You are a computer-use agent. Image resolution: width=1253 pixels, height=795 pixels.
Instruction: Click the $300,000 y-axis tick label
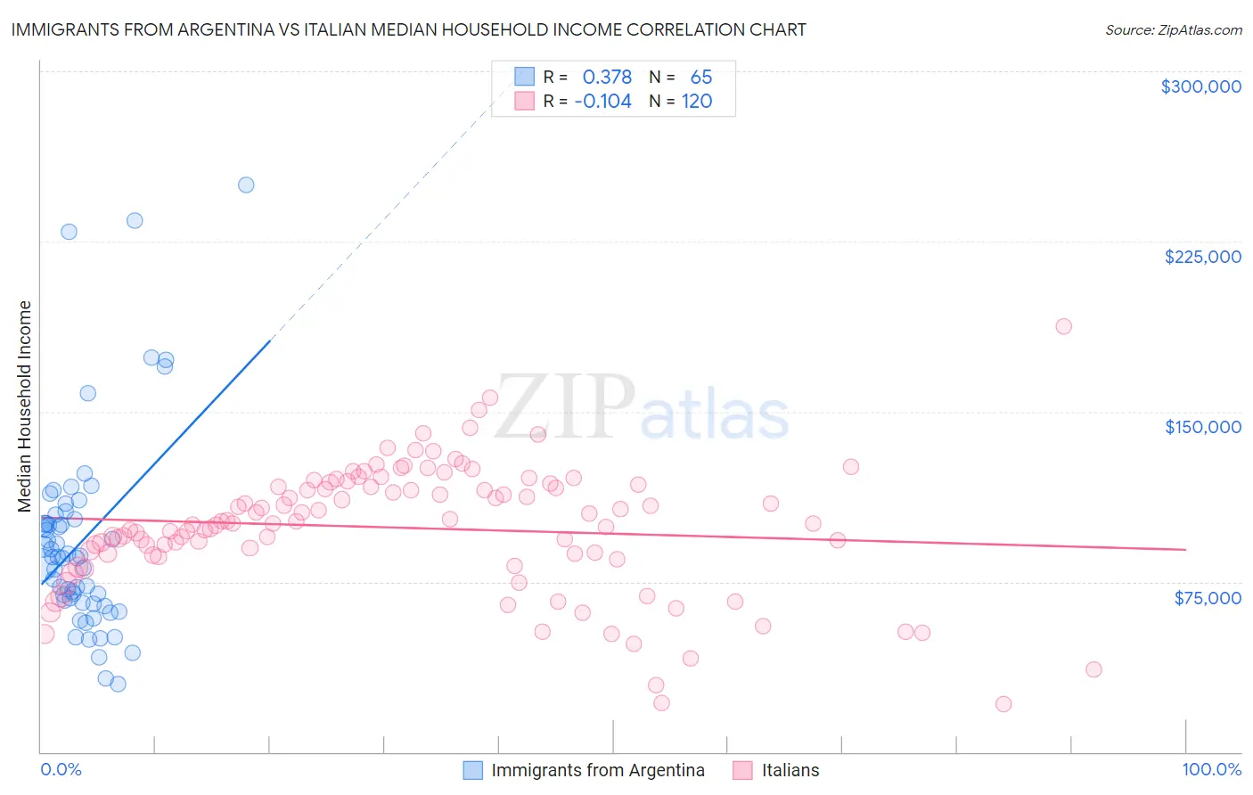click(1200, 86)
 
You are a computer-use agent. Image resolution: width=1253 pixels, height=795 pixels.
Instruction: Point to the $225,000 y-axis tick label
click(1202, 257)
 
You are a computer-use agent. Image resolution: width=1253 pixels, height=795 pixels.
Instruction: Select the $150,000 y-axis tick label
click(1202, 427)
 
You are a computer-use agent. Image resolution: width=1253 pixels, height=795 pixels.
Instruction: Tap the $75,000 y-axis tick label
click(1207, 597)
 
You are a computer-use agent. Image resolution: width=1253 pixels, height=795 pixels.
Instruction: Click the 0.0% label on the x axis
click(61, 769)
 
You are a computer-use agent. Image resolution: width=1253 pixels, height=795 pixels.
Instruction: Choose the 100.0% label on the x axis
click(1211, 769)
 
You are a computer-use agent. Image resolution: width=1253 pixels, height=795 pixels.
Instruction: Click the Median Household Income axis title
click(25, 406)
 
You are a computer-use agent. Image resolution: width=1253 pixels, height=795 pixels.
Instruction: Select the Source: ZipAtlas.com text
click(1173, 30)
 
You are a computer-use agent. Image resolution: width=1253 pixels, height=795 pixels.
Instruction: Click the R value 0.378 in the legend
click(607, 78)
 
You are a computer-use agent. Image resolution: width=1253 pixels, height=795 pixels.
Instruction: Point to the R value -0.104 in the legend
click(603, 102)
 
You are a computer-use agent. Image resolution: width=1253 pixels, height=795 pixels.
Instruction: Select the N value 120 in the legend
click(697, 102)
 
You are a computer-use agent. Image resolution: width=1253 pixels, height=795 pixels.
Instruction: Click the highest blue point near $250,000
click(246, 185)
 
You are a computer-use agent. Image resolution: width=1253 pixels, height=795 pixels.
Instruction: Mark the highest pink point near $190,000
click(1063, 326)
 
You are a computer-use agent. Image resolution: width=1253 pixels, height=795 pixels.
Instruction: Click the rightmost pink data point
click(1093, 669)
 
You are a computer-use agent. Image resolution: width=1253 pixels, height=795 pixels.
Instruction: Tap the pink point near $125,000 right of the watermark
click(850, 467)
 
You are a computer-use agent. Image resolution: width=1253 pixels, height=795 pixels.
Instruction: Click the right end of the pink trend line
click(1185, 550)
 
